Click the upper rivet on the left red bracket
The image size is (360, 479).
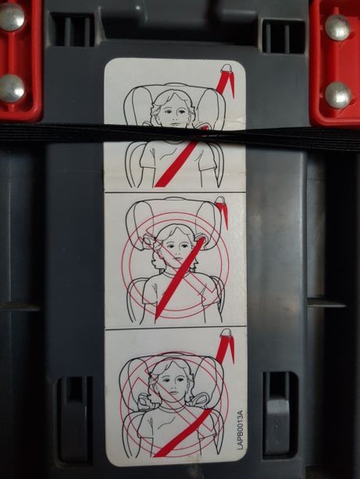(x=11, y=18)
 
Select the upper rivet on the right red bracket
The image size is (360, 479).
(x=337, y=27)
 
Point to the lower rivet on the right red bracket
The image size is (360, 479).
(x=337, y=94)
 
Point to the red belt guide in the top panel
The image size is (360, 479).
(x=226, y=80)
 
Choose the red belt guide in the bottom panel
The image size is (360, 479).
(x=225, y=343)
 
